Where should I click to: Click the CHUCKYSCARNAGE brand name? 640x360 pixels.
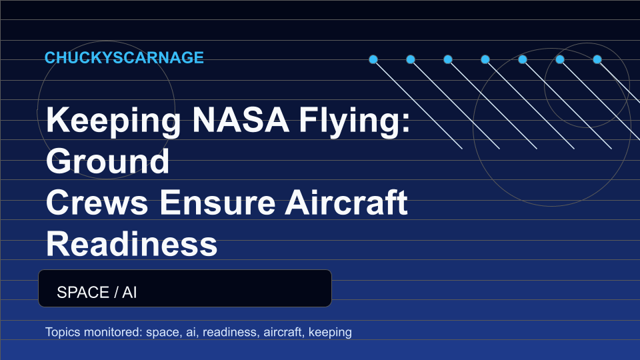click(124, 57)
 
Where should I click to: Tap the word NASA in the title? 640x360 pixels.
click(241, 120)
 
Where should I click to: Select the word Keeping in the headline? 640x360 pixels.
click(113, 121)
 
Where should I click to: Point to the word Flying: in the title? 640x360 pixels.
click(354, 121)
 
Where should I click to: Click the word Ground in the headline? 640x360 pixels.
click(108, 161)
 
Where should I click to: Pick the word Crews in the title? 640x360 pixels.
click(97, 203)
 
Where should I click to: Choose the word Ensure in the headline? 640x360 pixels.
click(217, 203)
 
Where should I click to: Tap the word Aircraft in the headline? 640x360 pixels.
click(346, 202)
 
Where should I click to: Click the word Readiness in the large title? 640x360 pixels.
click(131, 244)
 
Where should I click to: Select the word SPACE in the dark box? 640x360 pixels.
click(83, 292)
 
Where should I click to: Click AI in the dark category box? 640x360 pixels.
click(129, 292)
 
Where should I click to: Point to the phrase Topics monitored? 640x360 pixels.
click(94, 332)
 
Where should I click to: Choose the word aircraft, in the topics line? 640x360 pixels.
click(284, 332)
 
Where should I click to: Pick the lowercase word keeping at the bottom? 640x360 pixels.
click(330, 333)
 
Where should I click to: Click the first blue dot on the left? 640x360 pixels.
click(373, 59)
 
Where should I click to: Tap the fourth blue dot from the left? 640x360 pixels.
click(485, 59)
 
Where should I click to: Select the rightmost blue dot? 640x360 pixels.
click(597, 59)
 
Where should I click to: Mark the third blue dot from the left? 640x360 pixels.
click(448, 59)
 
